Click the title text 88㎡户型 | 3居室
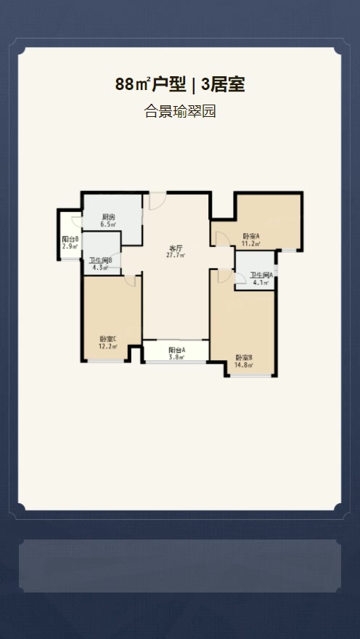[179, 85]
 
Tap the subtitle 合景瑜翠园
[179, 111]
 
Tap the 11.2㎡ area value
[251, 243]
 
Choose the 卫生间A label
[261, 274]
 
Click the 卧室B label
[244, 358]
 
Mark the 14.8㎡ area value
[244, 365]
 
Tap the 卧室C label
[108, 338]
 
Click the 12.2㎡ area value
[108, 346]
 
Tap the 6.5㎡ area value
[108, 224]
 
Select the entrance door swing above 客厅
[157, 201]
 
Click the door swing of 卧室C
[130, 281]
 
